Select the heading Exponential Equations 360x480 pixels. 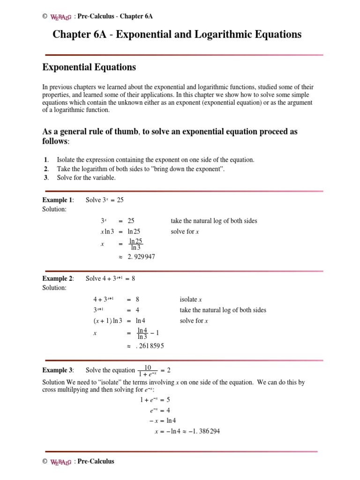click(89, 67)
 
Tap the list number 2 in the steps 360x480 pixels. click(46, 169)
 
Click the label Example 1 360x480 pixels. click(58, 200)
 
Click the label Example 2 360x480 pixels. click(58, 278)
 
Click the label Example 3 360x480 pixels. click(58, 370)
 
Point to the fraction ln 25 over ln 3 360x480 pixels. click(136, 244)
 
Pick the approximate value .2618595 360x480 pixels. click(146, 345)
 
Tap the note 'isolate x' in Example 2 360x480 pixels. click(191, 300)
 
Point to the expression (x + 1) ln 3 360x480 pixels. click(108, 321)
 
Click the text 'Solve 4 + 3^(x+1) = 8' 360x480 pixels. click(110, 278)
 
